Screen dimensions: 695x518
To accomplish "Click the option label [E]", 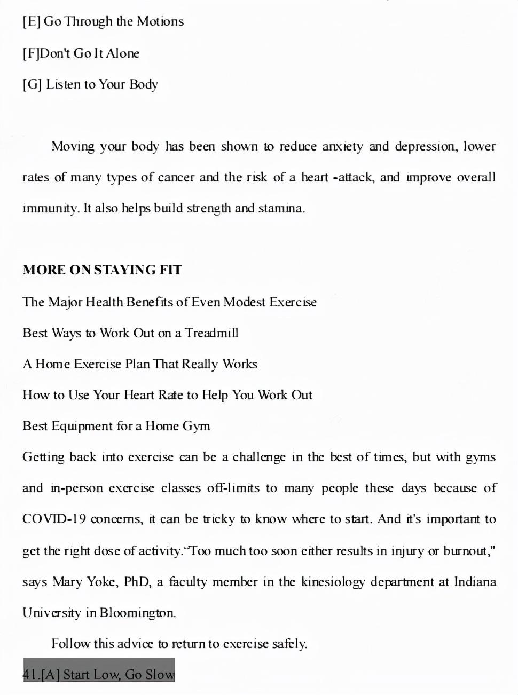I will point(31,22).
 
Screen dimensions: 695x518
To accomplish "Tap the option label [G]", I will point(32,84).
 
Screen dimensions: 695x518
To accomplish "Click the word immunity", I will point(51,209).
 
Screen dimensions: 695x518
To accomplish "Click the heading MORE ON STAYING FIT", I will point(102,270).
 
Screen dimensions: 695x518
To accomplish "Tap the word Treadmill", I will point(211,333).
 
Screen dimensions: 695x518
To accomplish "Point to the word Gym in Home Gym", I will point(196,426).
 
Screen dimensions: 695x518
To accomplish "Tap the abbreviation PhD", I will point(136,582).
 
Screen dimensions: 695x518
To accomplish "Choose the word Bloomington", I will point(137,613).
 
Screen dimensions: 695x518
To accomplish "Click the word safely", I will point(289,644).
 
